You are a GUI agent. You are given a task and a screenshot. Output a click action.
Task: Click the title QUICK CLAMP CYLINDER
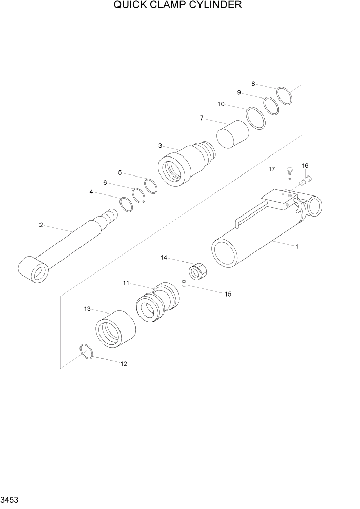click(x=177, y=6)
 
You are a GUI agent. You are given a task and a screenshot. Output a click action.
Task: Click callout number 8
click(x=253, y=84)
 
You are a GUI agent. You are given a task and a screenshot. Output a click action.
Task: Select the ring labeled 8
click(x=284, y=95)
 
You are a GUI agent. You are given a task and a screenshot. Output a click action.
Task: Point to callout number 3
click(x=161, y=146)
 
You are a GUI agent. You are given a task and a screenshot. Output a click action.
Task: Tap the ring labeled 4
click(x=126, y=204)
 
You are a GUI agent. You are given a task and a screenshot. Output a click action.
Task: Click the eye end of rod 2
click(x=33, y=269)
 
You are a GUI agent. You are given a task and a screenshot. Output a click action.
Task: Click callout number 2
click(x=41, y=224)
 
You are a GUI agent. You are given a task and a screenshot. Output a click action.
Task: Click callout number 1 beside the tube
click(x=296, y=246)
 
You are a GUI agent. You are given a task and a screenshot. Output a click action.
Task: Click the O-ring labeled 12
click(x=87, y=351)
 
